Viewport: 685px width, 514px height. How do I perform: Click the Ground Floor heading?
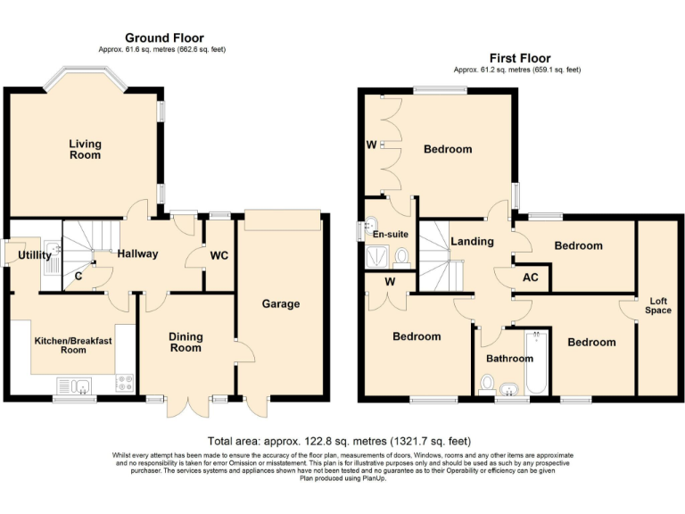[x=163, y=37]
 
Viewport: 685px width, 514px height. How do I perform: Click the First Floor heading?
[x=518, y=58]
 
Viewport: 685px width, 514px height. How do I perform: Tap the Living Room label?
[x=86, y=149]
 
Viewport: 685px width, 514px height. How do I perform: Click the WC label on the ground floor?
[x=219, y=256]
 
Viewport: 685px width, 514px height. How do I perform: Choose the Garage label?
[x=280, y=304]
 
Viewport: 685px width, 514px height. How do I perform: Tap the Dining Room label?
[x=186, y=342]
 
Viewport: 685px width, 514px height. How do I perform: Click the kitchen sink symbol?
[x=74, y=385]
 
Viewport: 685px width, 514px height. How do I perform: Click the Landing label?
[x=473, y=242]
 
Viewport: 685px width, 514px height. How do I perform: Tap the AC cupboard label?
[x=532, y=278]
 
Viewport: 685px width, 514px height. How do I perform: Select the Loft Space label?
[x=657, y=306]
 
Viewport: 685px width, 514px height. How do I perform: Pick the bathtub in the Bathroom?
[x=537, y=366]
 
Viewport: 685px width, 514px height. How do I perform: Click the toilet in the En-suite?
[x=400, y=257]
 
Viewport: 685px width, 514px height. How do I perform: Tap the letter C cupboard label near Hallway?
[x=79, y=276]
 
